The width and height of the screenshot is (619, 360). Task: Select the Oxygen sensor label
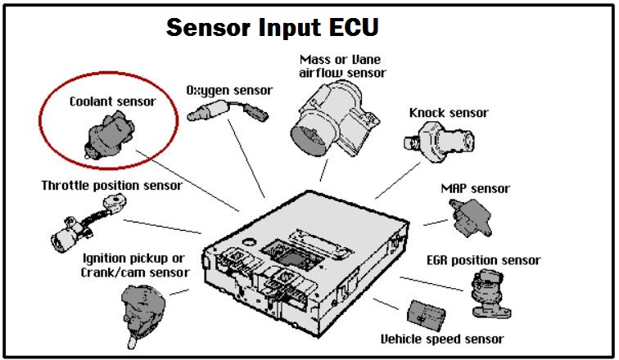229,89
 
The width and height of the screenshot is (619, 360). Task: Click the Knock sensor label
449,113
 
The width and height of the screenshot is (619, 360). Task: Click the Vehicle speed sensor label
441,339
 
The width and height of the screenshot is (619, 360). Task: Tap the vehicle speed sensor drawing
425,313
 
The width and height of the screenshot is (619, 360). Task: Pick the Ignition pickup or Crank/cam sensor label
136,265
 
